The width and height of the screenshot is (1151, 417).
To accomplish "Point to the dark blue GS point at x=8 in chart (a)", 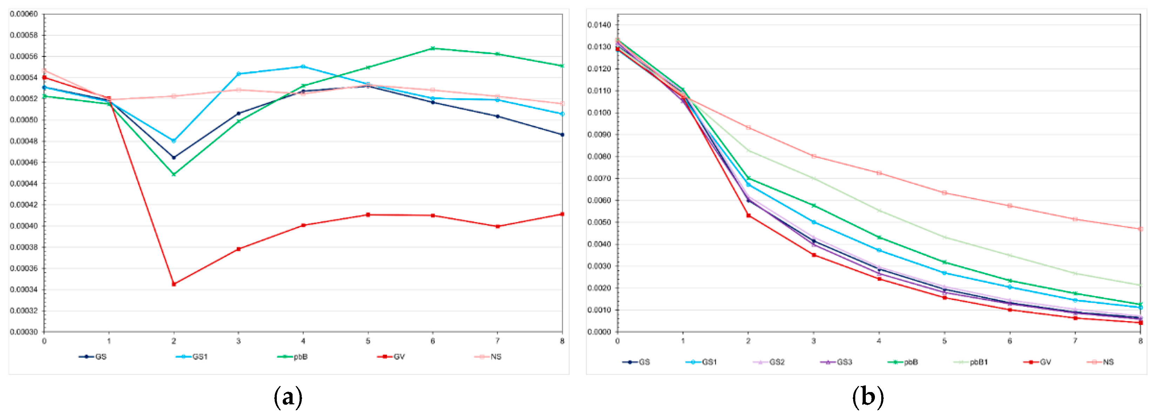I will (562, 135).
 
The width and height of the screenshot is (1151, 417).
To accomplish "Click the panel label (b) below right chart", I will (868, 397).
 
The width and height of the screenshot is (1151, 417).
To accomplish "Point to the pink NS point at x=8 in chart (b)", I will (1140, 229).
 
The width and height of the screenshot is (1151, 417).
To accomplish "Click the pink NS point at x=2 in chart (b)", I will (748, 128).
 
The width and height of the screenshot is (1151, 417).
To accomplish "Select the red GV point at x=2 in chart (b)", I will (748, 216).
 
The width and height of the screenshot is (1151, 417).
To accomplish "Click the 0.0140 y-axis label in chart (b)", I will (599, 25).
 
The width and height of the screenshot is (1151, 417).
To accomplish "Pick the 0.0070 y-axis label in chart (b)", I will (599, 178).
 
